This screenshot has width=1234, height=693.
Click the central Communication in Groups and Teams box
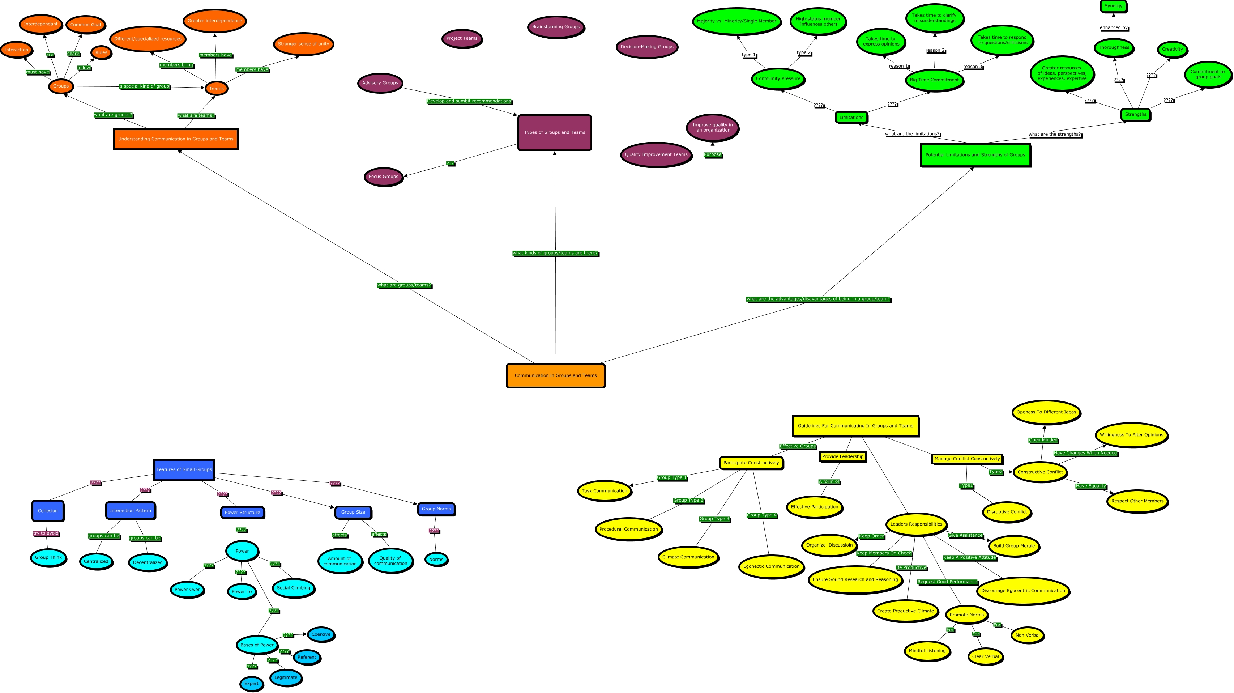[x=555, y=375]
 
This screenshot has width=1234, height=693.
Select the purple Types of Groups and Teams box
[x=554, y=132]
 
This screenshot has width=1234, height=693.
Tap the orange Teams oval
[x=216, y=88]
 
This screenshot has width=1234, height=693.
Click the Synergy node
[x=1113, y=6]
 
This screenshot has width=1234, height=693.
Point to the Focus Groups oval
[x=383, y=177]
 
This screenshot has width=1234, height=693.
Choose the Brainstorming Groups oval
[x=556, y=27]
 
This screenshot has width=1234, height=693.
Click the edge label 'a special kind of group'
[x=144, y=86]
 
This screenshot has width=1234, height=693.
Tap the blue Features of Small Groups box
[x=184, y=469]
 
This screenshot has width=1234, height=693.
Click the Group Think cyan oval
[x=48, y=557]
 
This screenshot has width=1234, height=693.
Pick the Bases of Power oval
[x=257, y=645]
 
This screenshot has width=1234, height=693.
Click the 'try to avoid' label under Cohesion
[x=46, y=533]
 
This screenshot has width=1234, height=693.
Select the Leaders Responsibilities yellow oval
[x=916, y=524]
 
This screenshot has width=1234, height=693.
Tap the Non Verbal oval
[x=1027, y=635]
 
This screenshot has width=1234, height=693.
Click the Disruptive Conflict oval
[x=1007, y=512]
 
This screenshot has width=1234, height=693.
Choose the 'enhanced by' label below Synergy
[x=1113, y=28]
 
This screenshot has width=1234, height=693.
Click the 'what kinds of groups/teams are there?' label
[x=555, y=253]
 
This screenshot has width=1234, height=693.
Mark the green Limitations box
[x=851, y=118]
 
